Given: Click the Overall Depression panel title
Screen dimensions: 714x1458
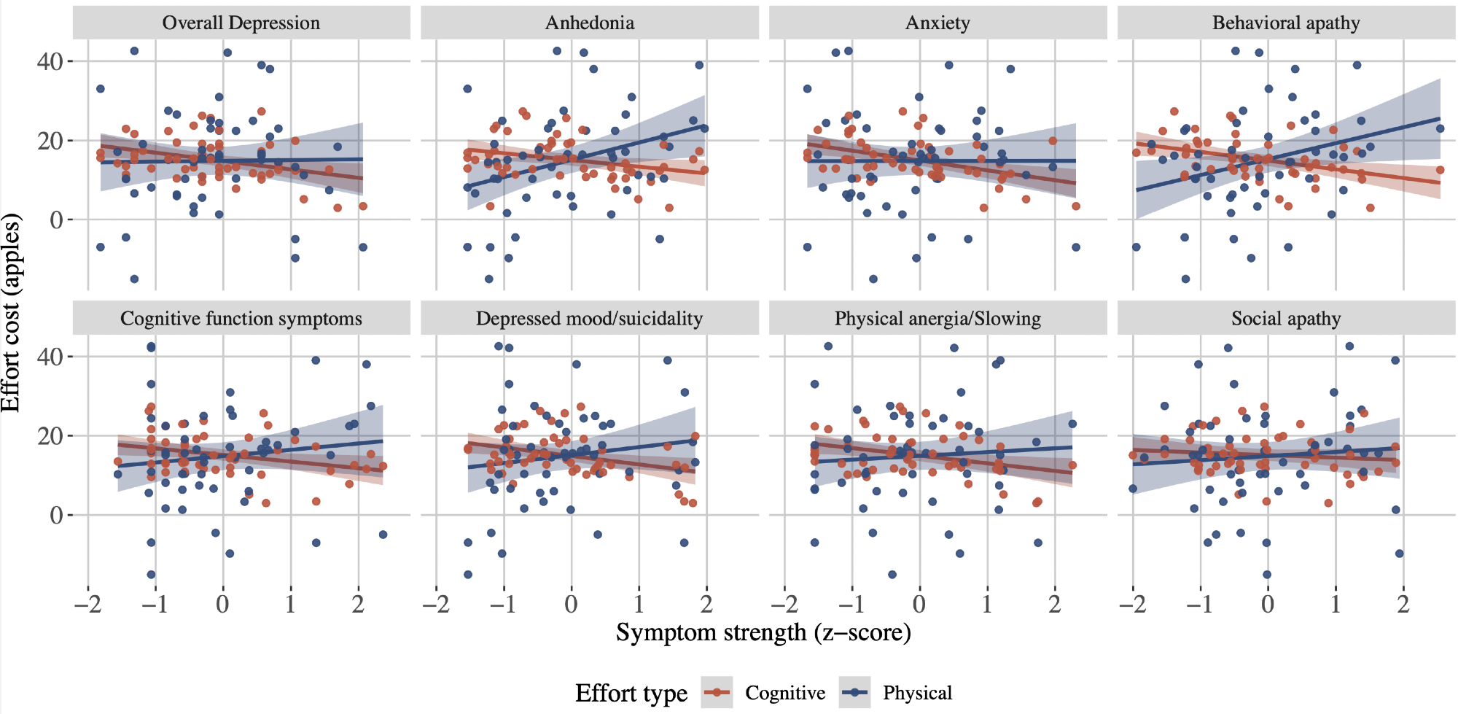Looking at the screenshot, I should (x=241, y=23).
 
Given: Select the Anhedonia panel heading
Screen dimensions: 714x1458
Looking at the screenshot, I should (x=589, y=23).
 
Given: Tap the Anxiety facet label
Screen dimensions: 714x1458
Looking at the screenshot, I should (x=937, y=23).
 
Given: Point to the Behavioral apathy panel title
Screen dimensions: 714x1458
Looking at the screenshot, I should (x=1286, y=23).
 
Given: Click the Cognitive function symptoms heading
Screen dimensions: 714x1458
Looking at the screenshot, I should (x=241, y=319).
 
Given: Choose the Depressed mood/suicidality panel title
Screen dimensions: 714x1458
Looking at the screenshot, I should (x=589, y=319).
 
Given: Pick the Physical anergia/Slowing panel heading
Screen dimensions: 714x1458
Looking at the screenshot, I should (x=937, y=319).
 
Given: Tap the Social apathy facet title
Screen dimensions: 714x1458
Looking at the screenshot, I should (x=1286, y=319).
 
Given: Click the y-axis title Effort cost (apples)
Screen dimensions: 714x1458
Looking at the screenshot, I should (x=12, y=313).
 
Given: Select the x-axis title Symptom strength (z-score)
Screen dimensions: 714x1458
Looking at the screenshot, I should (x=763, y=632).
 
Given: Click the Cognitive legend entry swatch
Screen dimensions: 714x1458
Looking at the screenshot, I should (x=717, y=692).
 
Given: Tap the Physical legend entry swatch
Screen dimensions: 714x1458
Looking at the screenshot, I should (x=854, y=692).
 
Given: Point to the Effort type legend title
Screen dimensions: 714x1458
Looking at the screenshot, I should (x=631, y=693).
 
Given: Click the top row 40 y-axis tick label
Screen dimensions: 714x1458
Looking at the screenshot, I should (x=50, y=61).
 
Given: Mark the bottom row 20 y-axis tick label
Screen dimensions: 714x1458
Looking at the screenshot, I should (x=50, y=436).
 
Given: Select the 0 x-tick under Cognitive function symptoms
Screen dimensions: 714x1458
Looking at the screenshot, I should (x=222, y=604).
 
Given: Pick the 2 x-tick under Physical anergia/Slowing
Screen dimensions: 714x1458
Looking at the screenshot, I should (x=1055, y=604).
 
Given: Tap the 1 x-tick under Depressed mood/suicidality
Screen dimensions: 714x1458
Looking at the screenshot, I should (x=639, y=604).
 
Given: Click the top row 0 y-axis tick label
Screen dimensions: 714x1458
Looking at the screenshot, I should (x=57, y=220).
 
